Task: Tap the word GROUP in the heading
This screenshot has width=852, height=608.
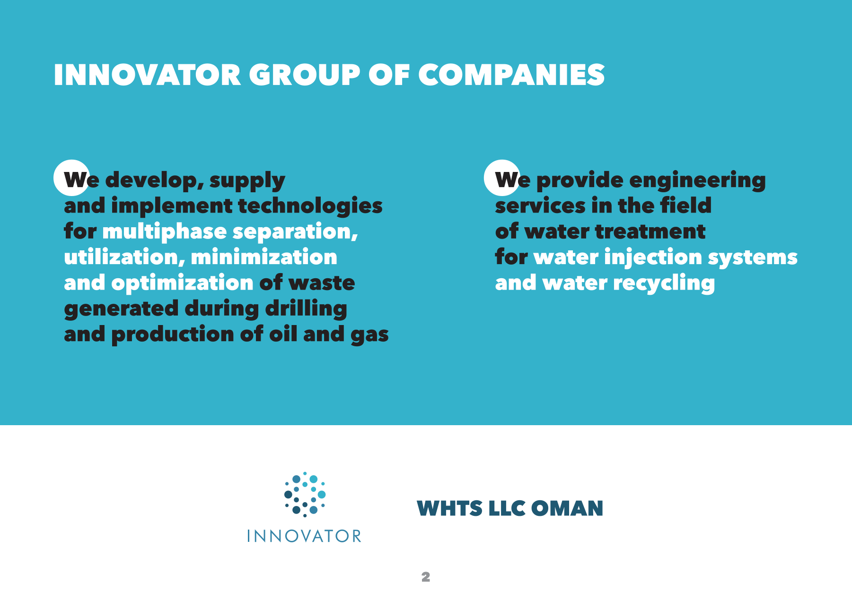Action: (305, 75)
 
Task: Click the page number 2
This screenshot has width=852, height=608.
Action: (426, 577)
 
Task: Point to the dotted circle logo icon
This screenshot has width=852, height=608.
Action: (305, 494)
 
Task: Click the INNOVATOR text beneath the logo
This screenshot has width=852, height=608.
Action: (304, 536)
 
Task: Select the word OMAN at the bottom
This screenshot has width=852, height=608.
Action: (567, 508)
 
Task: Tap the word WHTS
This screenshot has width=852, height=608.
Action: (449, 508)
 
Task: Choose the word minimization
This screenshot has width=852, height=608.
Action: (264, 257)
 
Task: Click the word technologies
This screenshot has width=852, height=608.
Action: (310, 206)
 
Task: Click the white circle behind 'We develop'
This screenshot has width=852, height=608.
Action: (71, 178)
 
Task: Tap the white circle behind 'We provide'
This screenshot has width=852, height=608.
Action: (502, 178)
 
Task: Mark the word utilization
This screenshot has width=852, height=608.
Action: (124, 257)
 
